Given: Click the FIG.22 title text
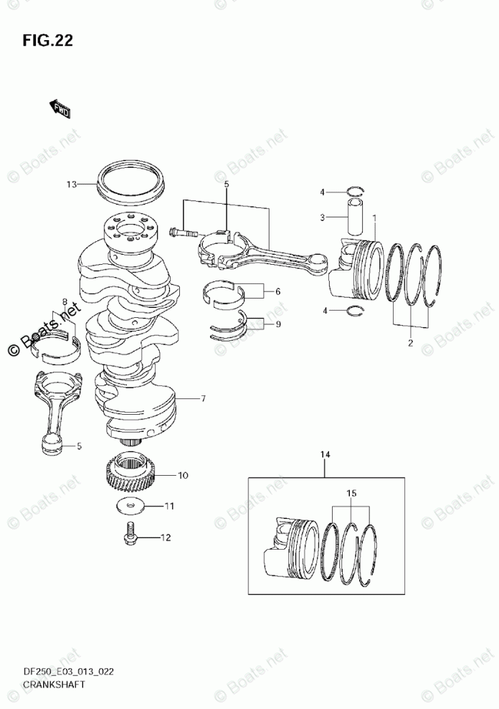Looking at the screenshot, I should click(47, 40).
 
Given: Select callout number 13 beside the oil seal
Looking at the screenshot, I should click(72, 184).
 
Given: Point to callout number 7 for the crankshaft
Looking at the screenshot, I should click(204, 398).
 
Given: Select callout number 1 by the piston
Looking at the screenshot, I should click(374, 217).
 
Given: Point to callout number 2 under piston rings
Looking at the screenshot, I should click(410, 343).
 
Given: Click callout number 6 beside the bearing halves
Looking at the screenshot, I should click(277, 291).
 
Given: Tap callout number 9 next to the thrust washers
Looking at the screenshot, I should click(277, 324).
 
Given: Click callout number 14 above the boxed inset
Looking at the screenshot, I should click(326, 454).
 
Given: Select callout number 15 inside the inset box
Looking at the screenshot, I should click(351, 494).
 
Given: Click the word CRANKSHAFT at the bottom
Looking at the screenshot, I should click(55, 684).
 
